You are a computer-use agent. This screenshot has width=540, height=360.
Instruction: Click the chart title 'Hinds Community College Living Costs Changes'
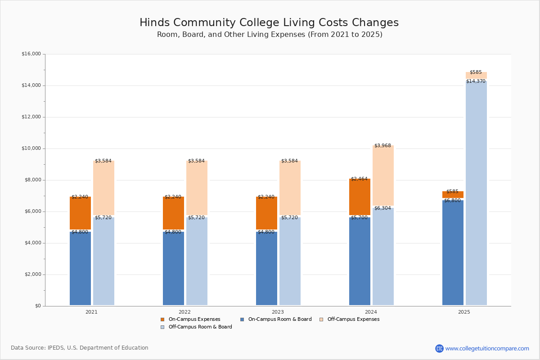pyautogui.click(x=269, y=23)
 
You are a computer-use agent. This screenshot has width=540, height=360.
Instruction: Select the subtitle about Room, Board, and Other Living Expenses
pyautogui.click(x=270, y=35)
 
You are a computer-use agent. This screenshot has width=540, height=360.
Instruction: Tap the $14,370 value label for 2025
pyautogui.click(x=476, y=81)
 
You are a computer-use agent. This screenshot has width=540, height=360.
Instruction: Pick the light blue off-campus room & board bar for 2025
pyautogui.click(x=476, y=193)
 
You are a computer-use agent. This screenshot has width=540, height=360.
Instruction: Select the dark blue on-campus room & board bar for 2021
pyautogui.click(x=80, y=269)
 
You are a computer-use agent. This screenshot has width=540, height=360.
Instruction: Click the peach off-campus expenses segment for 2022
pyautogui.click(x=197, y=188)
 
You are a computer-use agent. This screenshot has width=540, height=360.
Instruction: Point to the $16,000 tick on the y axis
pyautogui.click(x=31, y=54)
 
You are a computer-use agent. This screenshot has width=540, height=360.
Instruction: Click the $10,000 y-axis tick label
pyautogui.click(x=31, y=148)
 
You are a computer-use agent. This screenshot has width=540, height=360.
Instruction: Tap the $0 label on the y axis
pyautogui.click(x=38, y=306)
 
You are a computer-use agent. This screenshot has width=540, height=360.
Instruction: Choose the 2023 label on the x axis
pyautogui.click(x=278, y=312)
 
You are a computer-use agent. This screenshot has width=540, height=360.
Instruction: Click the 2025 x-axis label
pyautogui.click(x=464, y=312)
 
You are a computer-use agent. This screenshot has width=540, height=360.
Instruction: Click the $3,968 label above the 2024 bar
pyautogui.click(x=382, y=146)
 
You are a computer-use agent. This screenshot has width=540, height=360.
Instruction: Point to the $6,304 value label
pyautogui.click(x=382, y=208)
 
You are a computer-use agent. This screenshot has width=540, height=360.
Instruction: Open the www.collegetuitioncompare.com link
pyautogui.click(x=487, y=348)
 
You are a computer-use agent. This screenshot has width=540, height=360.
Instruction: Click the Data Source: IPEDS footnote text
pyautogui.click(x=80, y=348)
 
